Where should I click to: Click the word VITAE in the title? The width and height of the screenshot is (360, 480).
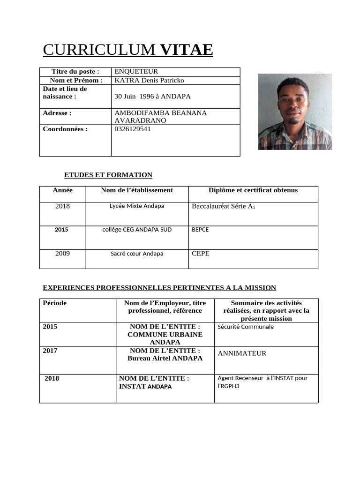187,50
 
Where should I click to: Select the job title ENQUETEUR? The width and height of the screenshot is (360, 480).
136,72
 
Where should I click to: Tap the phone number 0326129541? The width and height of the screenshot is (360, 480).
133,129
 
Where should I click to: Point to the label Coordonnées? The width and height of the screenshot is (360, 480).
65,129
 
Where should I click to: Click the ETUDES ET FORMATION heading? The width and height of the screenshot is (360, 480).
108,175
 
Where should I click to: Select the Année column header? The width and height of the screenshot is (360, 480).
63,190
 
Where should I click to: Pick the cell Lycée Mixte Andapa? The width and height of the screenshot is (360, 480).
137,206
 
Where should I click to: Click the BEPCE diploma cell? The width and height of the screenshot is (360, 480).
200,230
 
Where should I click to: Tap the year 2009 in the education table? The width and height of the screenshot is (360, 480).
62,254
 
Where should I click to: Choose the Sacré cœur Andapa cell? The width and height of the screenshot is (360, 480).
137,254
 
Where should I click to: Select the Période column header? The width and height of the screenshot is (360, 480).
55,303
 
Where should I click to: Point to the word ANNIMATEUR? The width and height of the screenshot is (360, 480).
242,353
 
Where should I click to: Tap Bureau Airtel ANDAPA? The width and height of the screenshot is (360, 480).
165,359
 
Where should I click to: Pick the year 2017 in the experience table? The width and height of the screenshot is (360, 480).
50,351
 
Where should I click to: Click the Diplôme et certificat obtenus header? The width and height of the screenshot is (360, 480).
253,190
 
